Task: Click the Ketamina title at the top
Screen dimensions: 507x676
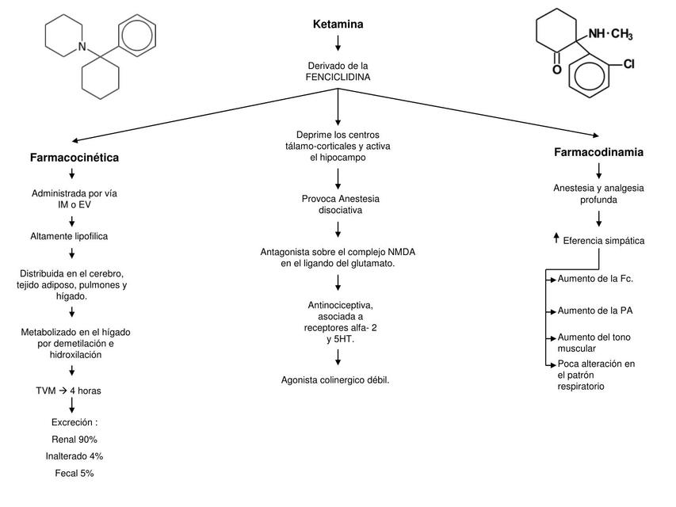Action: [338, 25]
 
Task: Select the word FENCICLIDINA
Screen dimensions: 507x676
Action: [338, 77]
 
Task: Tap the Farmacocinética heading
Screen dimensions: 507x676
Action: [74, 158]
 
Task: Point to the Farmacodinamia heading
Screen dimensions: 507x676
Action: [598, 151]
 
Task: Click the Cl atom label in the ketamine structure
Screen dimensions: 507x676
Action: [628, 65]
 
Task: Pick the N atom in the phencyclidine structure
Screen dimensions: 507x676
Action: [82, 48]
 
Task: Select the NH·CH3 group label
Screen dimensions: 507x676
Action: [610, 33]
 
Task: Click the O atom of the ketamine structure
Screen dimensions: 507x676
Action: [556, 70]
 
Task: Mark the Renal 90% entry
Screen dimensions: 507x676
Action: [74, 439]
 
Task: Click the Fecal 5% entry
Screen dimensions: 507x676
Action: [74, 473]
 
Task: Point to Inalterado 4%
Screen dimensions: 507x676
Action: [74, 456]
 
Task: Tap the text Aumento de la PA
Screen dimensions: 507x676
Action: [595, 311]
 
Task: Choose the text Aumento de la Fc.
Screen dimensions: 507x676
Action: [595, 279]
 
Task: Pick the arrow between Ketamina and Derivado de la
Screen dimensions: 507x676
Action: [338, 44]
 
